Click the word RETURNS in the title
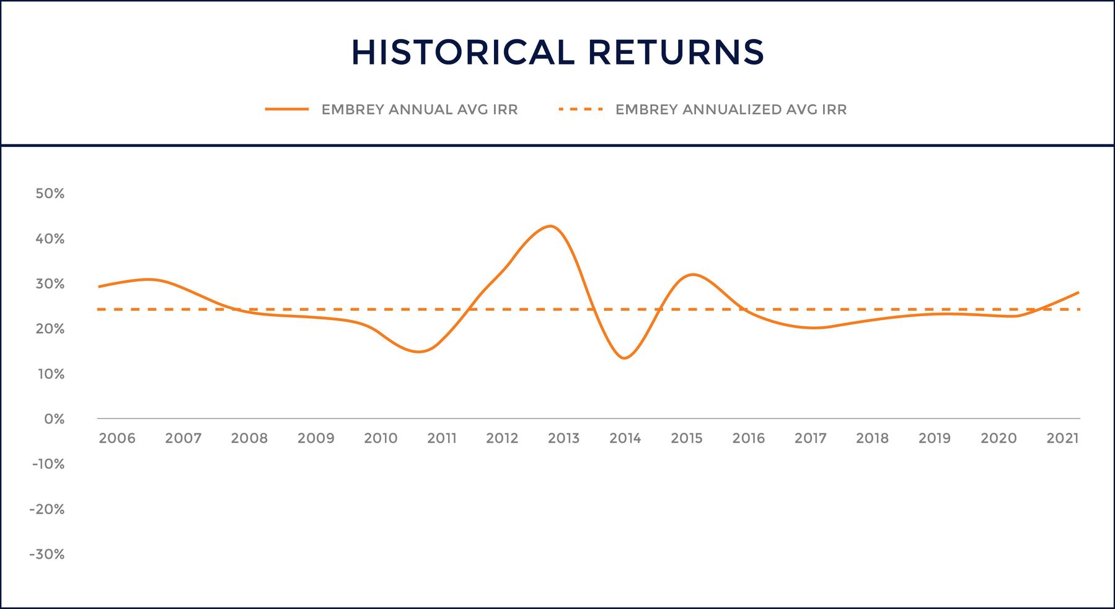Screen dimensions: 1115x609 (x=676, y=52)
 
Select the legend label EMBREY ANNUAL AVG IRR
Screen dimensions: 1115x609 (x=420, y=110)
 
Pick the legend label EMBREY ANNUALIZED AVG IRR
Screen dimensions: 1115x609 (x=731, y=110)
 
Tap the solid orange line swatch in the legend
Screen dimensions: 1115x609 (x=287, y=110)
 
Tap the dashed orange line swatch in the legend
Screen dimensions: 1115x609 (x=581, y=110)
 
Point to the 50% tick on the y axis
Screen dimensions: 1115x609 (x=50, y=193)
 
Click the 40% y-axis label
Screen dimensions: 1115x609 (x=50, y=239)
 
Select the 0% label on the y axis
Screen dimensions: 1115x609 (x=55, y=419)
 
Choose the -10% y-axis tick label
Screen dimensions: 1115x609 (x=47, y=464)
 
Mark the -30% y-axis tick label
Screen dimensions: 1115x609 (x=47, y=554)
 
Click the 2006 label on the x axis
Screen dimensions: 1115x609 (x=117, y=438)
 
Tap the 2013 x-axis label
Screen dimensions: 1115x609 (x=563, y=438)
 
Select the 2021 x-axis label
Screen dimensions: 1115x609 (x=1062, y=438)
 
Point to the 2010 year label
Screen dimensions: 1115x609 (x=381, y=438)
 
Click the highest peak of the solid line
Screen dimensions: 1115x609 (x=550, y=226)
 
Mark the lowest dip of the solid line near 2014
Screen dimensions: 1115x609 (x=624, y=358)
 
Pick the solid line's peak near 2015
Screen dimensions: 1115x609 (x=692, y=274)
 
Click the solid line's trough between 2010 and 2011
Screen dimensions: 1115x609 (x=418, y=352)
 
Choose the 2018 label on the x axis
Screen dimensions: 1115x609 (x=872, y=438)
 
